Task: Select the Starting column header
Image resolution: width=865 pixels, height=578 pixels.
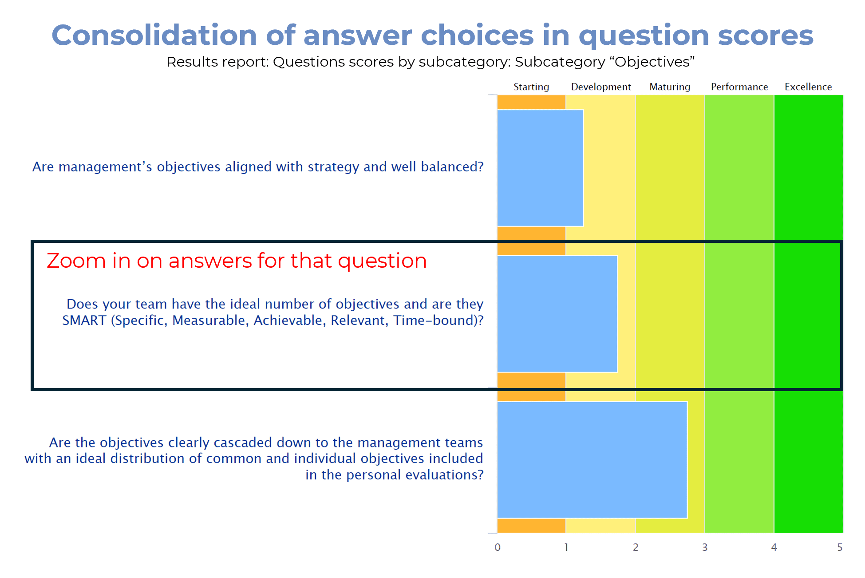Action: [x=531, y=87]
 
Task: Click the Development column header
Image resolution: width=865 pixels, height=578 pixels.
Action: [x=601, y=87]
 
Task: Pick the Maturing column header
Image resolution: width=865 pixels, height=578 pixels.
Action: [x=670, y=87]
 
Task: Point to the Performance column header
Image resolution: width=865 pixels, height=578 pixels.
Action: [x=739, y=87]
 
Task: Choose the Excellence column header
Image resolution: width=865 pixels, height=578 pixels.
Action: [x=808, y=87]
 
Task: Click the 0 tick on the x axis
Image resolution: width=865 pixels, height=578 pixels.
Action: [x=498, y=547]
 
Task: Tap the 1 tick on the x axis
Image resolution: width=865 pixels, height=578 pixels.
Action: [x=566, y=547]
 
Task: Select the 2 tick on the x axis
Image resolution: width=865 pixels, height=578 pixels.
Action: [x=636, y=547]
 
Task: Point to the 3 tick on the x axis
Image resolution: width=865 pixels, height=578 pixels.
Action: [x=705, y=547]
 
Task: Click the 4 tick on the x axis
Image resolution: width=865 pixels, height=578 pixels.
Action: [x=774, y=547]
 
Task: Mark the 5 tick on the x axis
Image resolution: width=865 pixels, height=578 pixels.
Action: [x=840, y=547]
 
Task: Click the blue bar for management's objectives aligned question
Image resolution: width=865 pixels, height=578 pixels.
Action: [x=541, y=168]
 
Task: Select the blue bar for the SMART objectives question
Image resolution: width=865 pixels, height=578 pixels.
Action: [x=557, y=314]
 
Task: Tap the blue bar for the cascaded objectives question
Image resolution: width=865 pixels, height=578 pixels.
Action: [x=592, y=459]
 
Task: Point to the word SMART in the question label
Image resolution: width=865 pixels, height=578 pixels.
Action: [x=84, y=320]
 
